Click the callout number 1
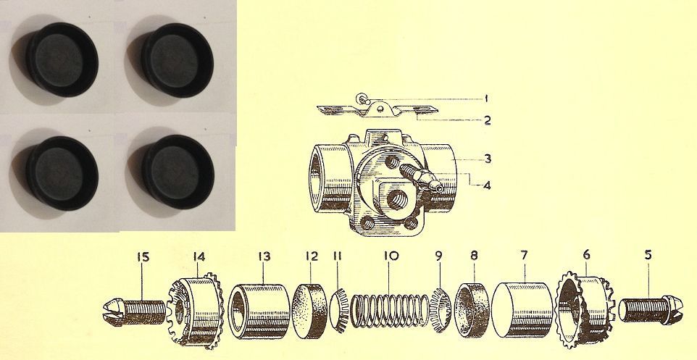click(x=488, y=98)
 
